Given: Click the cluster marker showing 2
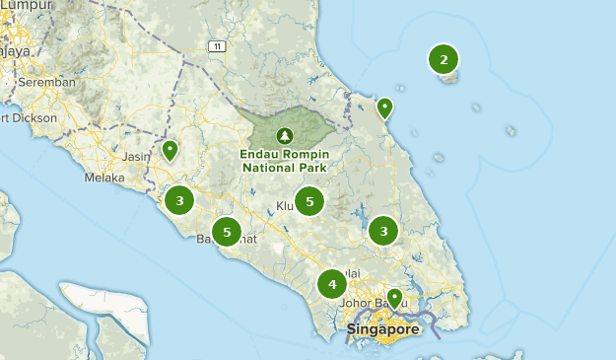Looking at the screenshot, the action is tap(444, 60).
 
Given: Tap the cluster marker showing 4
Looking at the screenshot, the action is tap(332, 285).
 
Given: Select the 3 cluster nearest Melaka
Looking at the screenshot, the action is tap(179, 201).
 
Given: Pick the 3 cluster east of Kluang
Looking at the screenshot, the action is tap(382, 231).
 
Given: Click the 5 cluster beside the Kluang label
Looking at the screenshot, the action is tap(309, 201).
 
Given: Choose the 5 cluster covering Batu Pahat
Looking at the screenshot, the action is tap(227, 231).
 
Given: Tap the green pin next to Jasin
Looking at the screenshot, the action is tap(170, 151).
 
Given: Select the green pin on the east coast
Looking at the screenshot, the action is tap(384, 108).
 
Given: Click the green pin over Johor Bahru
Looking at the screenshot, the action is tap(394, 297).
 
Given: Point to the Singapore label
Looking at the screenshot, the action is tap(382, 328).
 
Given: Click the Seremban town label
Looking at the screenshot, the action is tap(46, 83).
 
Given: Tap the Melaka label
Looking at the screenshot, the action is tap(104, 179).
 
